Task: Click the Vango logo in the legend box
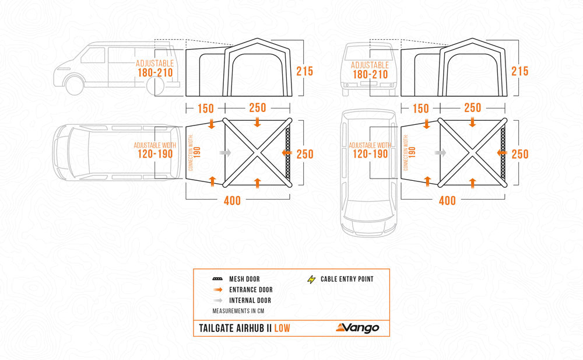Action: tap(357, 327)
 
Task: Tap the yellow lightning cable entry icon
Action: tap(312, 279)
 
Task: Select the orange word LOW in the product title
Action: tap(279, 328)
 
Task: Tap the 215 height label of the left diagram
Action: tap(304, 71)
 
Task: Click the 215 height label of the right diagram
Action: tap(519, 71)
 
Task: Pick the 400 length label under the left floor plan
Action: tap(231, 201)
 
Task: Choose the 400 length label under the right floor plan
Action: tap(447, 201)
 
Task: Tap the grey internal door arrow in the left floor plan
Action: tap(225, 152)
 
